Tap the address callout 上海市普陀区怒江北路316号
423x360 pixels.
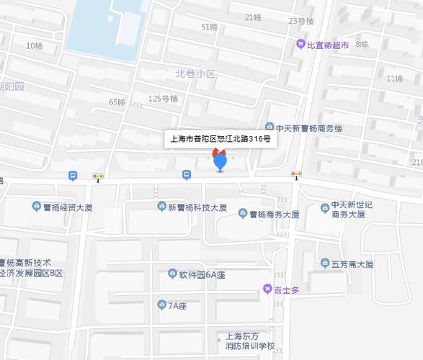[x=219, y=139]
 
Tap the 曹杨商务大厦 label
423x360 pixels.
[x=274, y=214]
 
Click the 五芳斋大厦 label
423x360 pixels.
[x=352, y=264]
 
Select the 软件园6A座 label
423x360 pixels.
[x=202, y=274]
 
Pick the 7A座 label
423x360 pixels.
[x=177, y=305]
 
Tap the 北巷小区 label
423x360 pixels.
[x=195, y=73]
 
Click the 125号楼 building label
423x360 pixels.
[x=162, y=99]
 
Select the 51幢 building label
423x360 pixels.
[x=209, y=27]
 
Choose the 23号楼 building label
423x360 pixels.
[x=301, y=21]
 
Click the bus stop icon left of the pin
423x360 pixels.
[x=187, y=174]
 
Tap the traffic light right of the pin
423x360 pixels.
[x=295, y=174]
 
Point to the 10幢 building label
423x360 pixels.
[x=34, y=46]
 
